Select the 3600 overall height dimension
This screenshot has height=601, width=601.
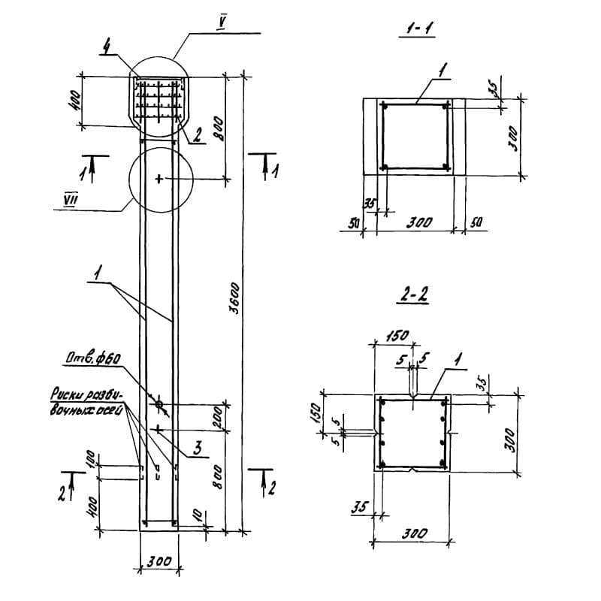coord(234,299)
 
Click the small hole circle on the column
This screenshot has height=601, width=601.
coord(159,404)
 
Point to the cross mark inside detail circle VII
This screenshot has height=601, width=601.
coord(159,179)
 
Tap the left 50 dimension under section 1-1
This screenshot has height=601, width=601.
coord(351,223)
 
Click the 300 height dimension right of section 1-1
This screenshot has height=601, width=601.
coord(514,137)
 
